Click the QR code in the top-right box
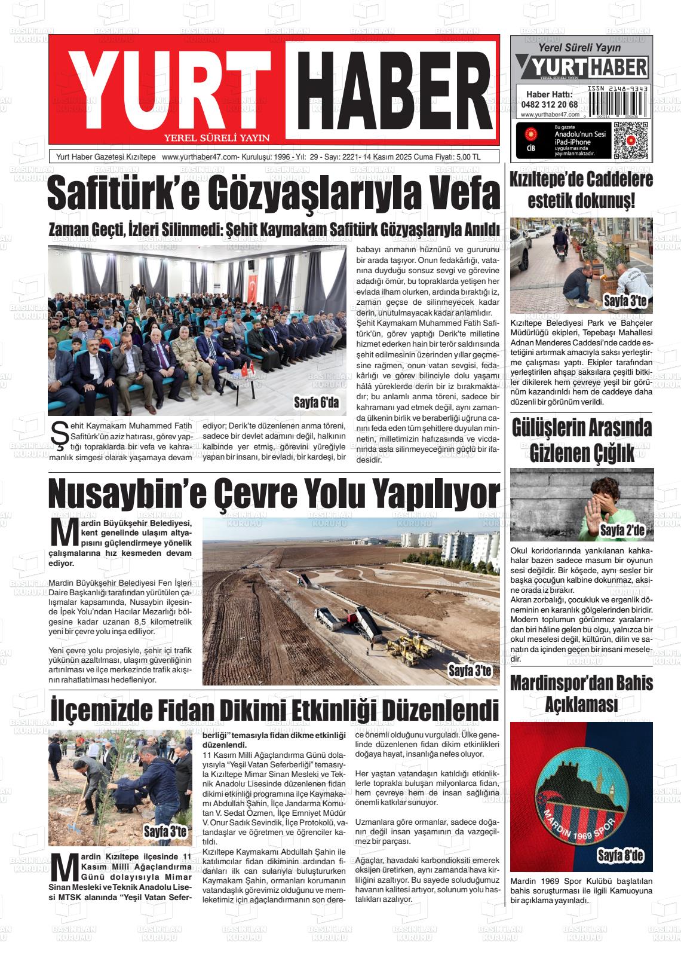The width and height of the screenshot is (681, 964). [x=630, y=141]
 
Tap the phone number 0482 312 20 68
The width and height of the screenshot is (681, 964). [x=549, y=104]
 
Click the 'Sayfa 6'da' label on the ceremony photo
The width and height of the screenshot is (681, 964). [x=316, y=403]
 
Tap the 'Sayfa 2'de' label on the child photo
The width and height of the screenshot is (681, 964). [x=622, y=530]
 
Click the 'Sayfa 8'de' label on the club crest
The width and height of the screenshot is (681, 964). [x=621, y=856]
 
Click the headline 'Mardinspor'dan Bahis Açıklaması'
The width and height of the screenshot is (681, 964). [x=581, y=693]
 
